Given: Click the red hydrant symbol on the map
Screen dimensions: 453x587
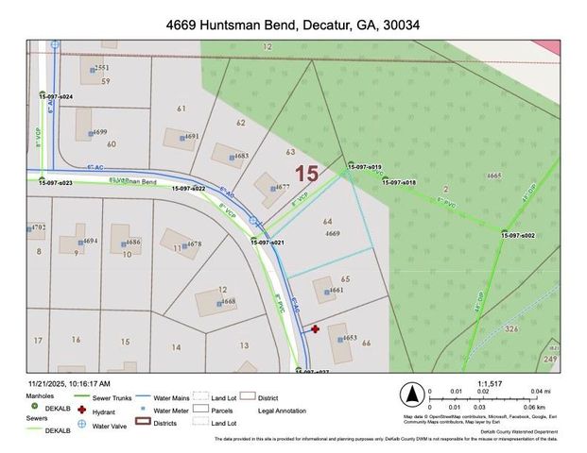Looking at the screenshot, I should coord(315,329).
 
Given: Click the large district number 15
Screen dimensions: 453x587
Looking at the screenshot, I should coord(305,174).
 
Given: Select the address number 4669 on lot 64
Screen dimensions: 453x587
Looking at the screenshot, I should coord(332,233).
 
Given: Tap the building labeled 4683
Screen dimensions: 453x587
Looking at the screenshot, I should coord(226,154).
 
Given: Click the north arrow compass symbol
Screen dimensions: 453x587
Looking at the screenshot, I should coord(410,394).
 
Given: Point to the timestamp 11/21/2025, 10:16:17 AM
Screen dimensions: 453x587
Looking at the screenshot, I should coord(70,383).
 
